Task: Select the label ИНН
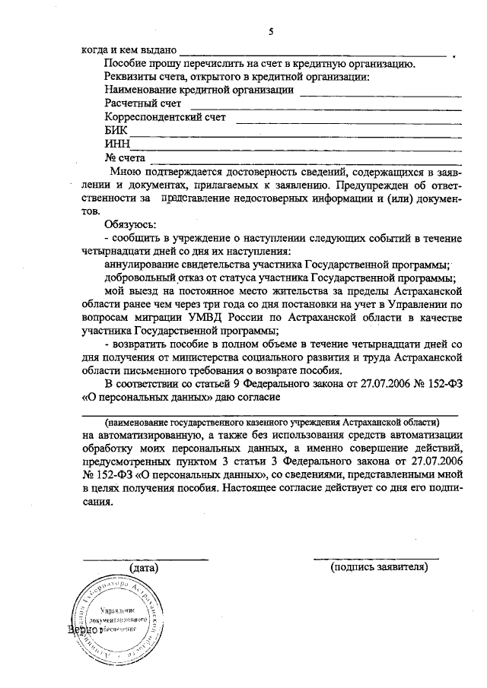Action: click(x=117, y=144)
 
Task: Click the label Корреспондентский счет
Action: click(x=165, y=116)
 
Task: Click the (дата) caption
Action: click(x=144, y=567)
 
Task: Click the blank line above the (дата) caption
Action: click(x=145, y=560)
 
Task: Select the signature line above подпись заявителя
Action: click(x=376, y=559)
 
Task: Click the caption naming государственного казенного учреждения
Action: click(x=271, y=421)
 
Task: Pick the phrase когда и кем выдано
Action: click(x=129, y=49)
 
